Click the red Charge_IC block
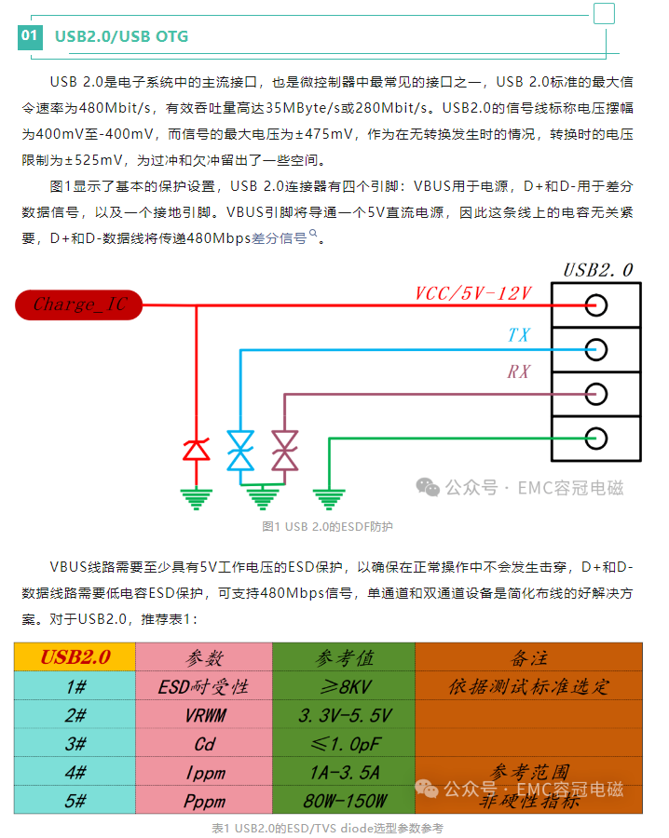pos(78,304)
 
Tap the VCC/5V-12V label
pos(472,293)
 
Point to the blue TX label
pos(519,334)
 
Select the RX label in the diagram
pos(519,372)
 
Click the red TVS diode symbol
pos(196,450)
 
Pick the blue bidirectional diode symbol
pos(241,450)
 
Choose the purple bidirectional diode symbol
pos(284,450)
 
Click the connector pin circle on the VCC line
pos(595,305)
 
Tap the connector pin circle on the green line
pos(595,437)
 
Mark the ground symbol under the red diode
pos(196,498)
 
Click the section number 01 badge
pos(31,36)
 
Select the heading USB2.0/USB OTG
pos(121,37)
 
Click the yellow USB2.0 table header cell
pos(75,657)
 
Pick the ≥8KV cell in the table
pos(344,687)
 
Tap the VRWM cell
pos(204,716)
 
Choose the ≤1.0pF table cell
pos(344,745)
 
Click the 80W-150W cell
pos(344,801)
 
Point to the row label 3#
pos(75,745)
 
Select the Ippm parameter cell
pos(204,773)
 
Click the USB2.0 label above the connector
pos(598,270)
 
